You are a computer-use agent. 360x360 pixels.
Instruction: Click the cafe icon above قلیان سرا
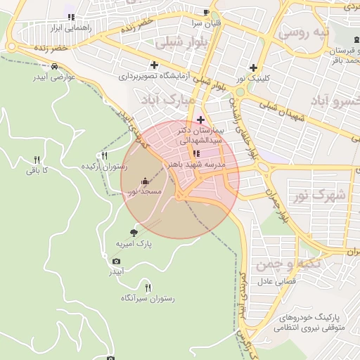coord(206,12)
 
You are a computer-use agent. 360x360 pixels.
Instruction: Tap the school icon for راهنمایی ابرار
coord(70,17)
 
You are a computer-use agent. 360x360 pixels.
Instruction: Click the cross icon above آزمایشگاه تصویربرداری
coord(154,65)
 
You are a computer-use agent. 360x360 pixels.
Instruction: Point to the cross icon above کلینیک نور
coord(253,68)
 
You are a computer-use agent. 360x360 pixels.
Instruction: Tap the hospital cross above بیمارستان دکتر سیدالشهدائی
coord(200,120)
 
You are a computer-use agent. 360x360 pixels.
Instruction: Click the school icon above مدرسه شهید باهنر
coord(196,153)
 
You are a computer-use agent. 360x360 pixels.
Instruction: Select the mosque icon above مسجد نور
coord(145,181)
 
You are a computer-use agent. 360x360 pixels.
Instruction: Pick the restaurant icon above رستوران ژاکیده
coord(105,155)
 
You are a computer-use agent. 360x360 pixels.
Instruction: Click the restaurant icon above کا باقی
coord(37,160)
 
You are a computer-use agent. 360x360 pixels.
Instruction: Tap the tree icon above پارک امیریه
coord(134,233)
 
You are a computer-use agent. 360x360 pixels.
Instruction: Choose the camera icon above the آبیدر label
coord(116,261)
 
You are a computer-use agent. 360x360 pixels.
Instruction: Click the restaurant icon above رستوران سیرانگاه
coord(148,287)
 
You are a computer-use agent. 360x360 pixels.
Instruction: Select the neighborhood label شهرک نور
coord(328,195)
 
